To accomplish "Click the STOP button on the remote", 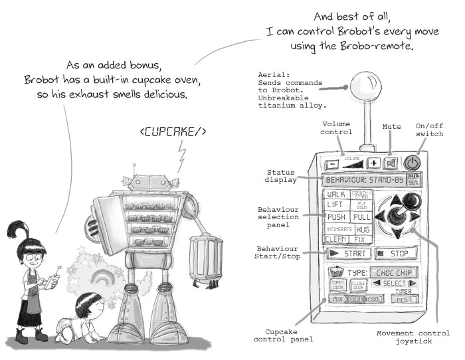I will (x=395, y=253).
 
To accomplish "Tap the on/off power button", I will (x=413, y=162).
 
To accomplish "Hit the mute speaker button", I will (x=391, y=162).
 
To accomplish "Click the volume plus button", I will (x=373, y=163).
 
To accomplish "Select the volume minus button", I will (x=330, y=163).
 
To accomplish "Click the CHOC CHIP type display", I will (x=393, y=273).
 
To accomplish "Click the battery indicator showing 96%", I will (x=413, y=180).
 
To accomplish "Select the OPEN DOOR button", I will (x=339, y=286).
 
